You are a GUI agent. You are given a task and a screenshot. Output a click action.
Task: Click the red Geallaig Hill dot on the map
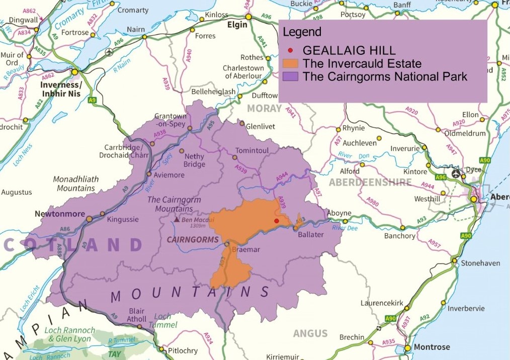[276, 221]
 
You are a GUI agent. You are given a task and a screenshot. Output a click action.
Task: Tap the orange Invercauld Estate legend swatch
[291, 64]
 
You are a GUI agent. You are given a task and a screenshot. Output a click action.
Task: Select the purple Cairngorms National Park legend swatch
[291, 77]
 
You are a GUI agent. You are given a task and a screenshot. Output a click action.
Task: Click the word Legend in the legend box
[302, 33]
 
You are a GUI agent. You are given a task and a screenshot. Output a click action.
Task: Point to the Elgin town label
[237, 25]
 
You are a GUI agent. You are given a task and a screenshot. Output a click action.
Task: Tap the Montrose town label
[432, 347]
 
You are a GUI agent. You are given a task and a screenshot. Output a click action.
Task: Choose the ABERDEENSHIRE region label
[370, 183]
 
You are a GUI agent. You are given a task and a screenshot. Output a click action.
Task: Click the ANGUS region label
[310, 333]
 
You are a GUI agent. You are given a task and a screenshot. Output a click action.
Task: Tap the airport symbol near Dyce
[456, 174]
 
